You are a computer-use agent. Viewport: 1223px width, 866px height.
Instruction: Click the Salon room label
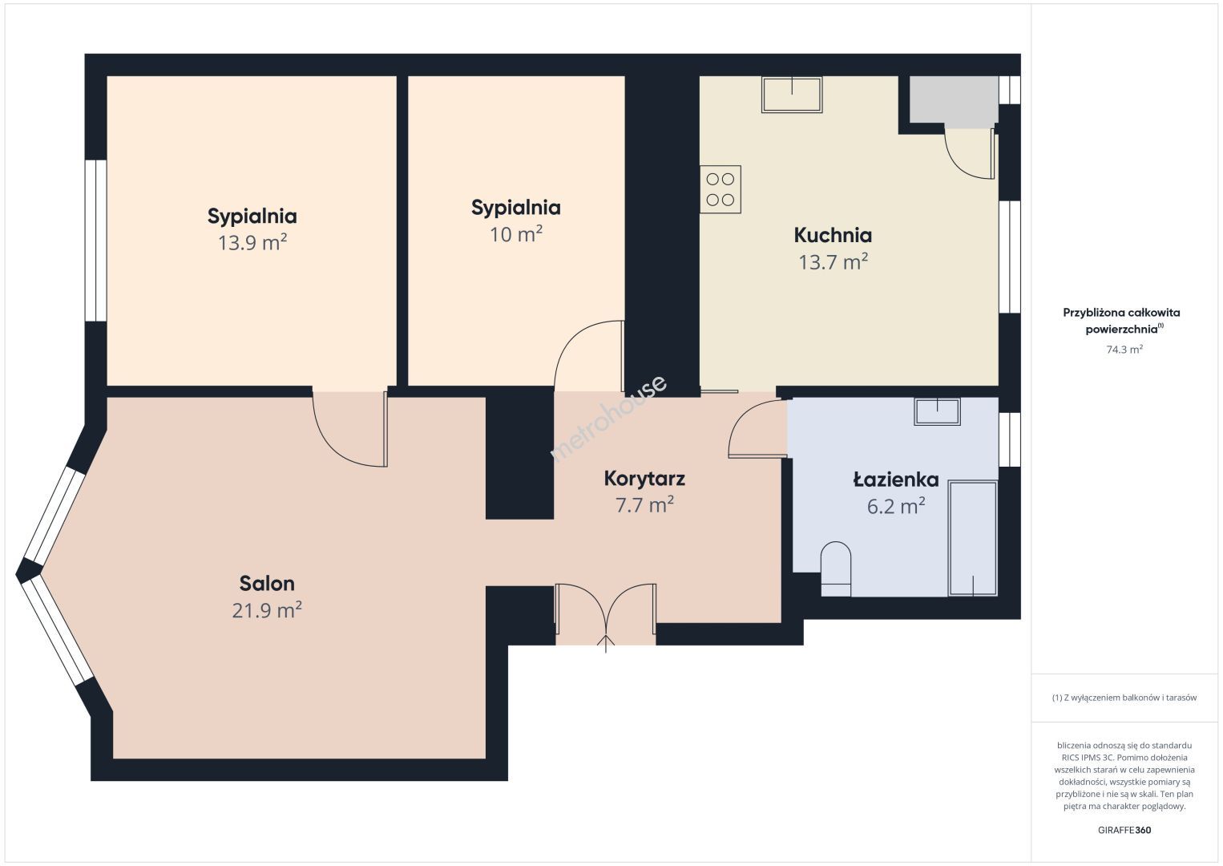(267, 584)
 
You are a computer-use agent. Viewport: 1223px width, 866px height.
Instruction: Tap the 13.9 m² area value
(252, 243)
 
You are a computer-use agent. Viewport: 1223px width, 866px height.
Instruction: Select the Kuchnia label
(833, 236)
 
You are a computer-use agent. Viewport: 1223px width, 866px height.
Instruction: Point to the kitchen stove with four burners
(720, 189)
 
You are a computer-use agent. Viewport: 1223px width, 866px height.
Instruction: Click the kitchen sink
(792, 95)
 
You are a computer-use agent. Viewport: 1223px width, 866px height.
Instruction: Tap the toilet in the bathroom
(836, 569)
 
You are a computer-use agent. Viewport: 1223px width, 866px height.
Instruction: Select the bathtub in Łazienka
(973, 538)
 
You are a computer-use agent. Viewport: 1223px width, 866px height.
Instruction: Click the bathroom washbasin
(938, 411)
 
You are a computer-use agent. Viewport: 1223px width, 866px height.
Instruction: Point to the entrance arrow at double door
(606, 644)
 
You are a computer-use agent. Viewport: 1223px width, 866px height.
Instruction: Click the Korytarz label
(644, 479)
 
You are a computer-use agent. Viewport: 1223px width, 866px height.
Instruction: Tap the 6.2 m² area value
(896, 506)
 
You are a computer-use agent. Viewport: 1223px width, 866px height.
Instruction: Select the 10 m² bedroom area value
(516, 234)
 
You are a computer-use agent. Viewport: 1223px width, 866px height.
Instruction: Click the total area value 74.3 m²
(1124, 349)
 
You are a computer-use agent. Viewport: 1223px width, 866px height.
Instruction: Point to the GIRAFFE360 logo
(1124, 830)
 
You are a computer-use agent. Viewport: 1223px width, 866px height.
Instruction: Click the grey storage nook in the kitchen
(954, 100)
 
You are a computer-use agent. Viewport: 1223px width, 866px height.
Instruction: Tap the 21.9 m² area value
(267, 609)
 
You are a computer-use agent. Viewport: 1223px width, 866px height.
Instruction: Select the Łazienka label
(896, 480)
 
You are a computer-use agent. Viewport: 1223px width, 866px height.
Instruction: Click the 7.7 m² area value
(644, 505)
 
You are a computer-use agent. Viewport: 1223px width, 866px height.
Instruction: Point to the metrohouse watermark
(608, 418)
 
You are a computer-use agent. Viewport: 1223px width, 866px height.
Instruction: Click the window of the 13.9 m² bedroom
(96, 241)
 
